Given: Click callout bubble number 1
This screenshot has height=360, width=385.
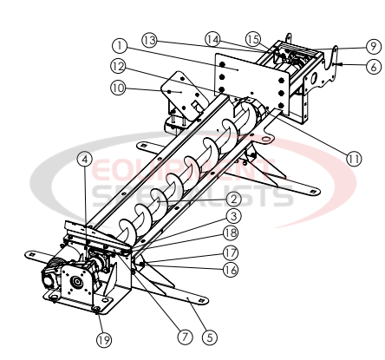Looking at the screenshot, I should [120, 44].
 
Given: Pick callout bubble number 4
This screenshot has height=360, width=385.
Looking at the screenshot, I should [84, 159].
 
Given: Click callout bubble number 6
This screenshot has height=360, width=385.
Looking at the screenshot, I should [371, 64].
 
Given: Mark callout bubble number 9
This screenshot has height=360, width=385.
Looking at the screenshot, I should [371, 46].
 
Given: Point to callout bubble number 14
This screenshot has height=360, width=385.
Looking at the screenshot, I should [213, 38].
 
